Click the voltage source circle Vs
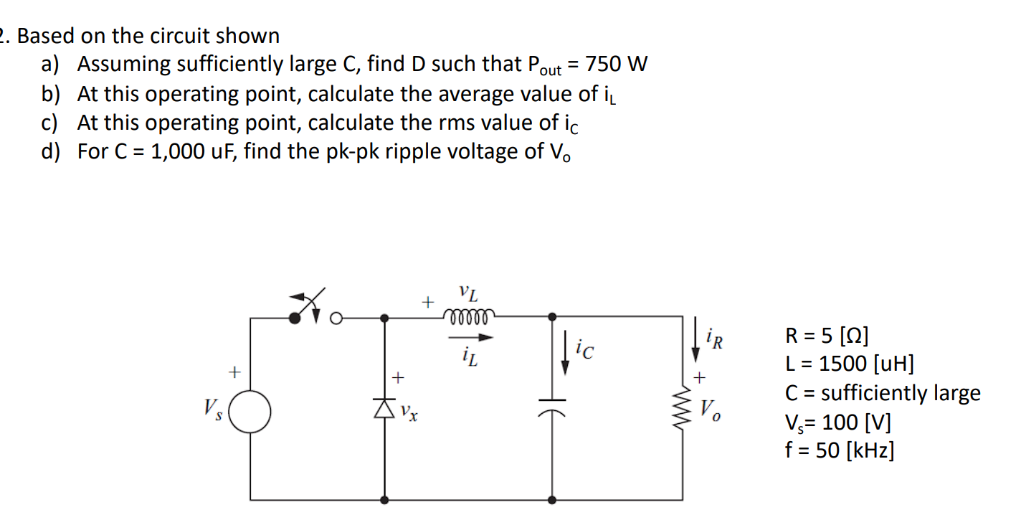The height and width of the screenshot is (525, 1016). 250,413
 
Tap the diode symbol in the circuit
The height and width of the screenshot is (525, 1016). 385,407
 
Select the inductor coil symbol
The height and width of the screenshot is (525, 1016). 468,316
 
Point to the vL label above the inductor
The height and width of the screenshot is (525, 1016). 468,293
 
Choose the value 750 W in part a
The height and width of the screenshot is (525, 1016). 616,65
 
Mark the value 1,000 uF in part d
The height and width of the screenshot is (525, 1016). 194,152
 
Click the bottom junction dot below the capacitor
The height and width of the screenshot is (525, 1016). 551,499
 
